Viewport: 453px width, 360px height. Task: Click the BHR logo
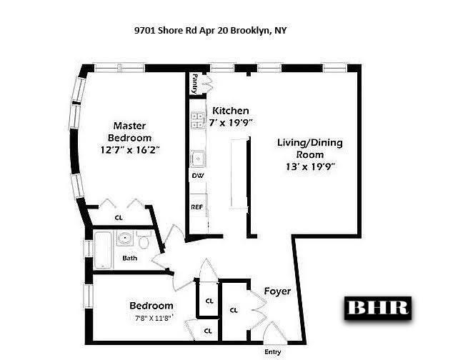click(x=378, y=308)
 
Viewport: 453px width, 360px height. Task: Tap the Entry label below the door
click(x=272, y=352)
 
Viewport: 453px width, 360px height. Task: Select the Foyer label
click(x=277, y=291)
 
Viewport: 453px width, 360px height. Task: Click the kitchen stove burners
click(x=198, y=120)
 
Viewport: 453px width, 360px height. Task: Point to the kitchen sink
click(x=198, y=159)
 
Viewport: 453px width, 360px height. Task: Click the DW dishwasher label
click(x=198, y=176)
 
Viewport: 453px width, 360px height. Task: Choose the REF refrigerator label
click(x=196, y=207)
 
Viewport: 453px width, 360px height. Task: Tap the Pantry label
click(x=195, y=84)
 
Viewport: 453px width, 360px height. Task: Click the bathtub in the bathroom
click(x=103, y=249)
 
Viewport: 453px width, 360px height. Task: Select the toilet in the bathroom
click(x=143, y=239)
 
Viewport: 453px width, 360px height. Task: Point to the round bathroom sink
click(x=125, y=238)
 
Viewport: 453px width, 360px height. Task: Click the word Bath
click(x=130, y=258)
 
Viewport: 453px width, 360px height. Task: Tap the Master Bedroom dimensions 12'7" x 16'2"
click(x=130, y=150)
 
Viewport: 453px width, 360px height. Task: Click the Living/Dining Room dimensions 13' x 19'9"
click(x=310, y=166)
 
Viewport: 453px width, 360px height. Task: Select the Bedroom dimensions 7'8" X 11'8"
click(x=154, y=318)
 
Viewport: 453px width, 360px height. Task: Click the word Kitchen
click(x=230, y=111)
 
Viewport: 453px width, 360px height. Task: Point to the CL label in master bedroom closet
click(x=119, y=218)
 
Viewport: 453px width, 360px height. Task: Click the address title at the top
click(x=210, y=30)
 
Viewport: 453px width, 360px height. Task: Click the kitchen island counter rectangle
click(x=239, y=173)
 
